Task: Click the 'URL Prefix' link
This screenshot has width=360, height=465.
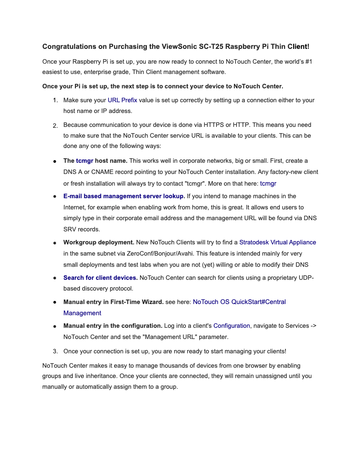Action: tap(122, 100)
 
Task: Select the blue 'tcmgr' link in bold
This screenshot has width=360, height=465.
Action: tap(84, 161)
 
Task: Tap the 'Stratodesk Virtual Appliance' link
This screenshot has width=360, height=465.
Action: tap(277, 242)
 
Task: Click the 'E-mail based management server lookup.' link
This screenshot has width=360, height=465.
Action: tap(124, 196)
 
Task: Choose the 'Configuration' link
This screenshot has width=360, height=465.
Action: tap(232, 326)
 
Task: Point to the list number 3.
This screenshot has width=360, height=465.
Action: tap(55, 352)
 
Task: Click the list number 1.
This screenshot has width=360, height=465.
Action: tap(55, 100)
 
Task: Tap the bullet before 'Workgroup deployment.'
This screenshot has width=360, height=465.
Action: tap(54, 243)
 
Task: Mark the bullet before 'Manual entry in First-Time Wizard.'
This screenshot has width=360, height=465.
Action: tap(54, 303)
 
